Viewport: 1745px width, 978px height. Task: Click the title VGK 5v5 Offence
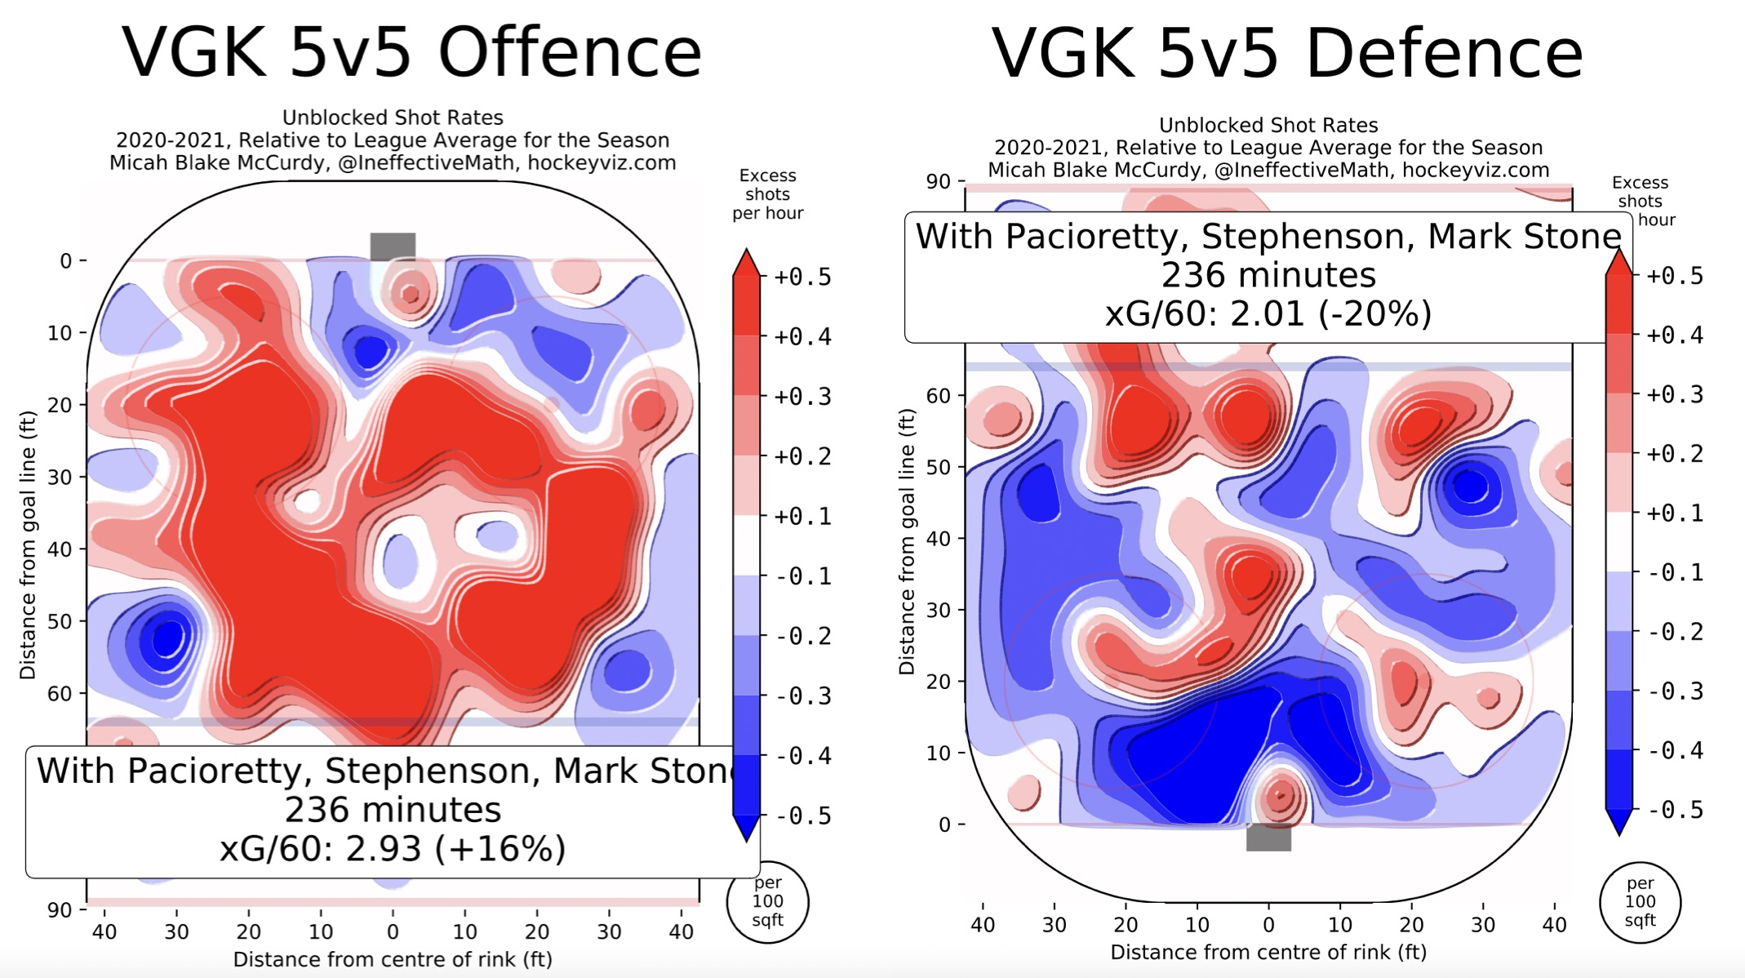tap(412, 52)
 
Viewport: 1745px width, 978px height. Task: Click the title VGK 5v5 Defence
tap(1287, 54)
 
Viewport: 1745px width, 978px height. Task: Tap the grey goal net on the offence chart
tap(393, 246)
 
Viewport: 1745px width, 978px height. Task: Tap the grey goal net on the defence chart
tap(1268, 838)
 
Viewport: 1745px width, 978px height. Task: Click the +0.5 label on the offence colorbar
tap(802, 278)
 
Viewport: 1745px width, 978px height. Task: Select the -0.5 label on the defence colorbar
tap(1676, 810)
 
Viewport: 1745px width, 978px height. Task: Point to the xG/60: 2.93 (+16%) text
tap(393, 849)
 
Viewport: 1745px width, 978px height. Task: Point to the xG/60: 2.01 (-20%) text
tap(1268, 314)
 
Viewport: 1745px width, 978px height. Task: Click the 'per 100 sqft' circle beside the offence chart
tap(767, 901)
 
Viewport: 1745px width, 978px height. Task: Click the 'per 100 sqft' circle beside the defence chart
tap(1640, 901)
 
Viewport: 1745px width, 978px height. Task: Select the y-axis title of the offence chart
tap(28, 545)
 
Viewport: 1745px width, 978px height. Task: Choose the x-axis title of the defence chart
tap(1268, 952)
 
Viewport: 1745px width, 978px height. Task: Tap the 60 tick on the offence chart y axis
tap(60, 694)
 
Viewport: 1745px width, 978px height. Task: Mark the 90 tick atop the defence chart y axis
tap(938, 181)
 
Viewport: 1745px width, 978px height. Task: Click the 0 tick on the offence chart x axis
tap(393, 931)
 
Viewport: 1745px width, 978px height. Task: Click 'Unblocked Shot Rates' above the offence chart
tap(393, 118)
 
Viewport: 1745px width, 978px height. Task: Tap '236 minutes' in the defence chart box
tap(1268, 275)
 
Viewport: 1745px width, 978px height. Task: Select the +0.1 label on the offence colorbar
tap(802, 517)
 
